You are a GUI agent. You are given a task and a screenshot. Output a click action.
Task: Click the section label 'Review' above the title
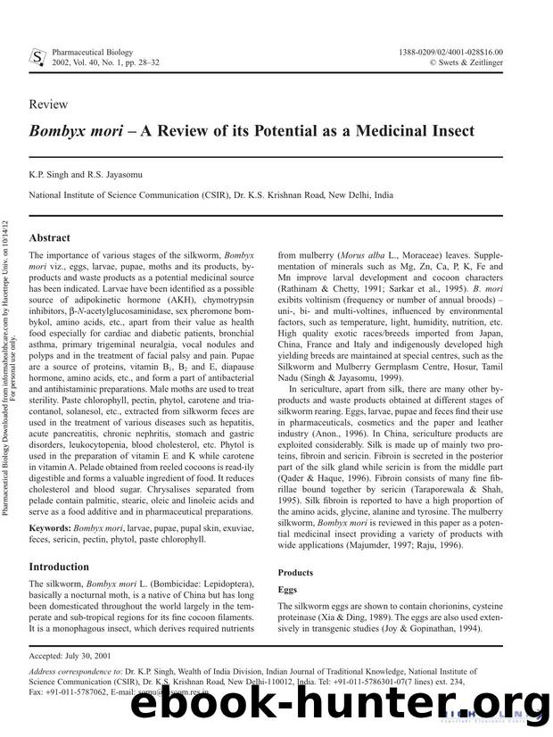[48, 104]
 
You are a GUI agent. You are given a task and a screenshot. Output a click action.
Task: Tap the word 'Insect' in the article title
[441, 131]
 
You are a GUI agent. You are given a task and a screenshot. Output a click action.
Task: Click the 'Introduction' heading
[65, 566]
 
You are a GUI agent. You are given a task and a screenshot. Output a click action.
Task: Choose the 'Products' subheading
[295, 572]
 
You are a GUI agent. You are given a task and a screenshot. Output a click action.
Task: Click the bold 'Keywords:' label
[50, 529]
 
